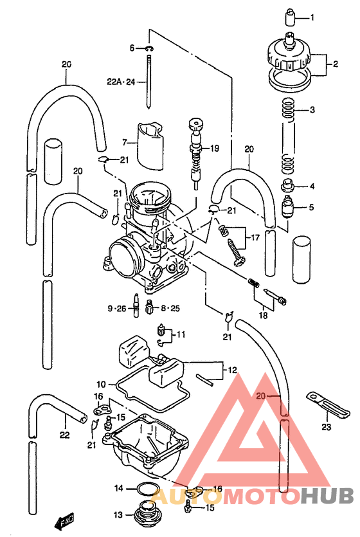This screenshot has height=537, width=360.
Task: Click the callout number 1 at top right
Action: tap(312, 17)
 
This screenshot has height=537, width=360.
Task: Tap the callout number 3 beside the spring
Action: tap(312, 110)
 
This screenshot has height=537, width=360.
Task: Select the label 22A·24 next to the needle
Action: tap(123, 82)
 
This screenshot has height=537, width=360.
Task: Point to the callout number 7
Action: tap(126, 140)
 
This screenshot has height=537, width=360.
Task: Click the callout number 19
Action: tap(214, 149)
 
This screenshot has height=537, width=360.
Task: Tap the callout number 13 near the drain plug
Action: tap(118, 514)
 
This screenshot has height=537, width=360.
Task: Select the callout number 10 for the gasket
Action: tap(102, 384)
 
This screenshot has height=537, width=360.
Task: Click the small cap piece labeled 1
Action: tap(291, 15)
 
